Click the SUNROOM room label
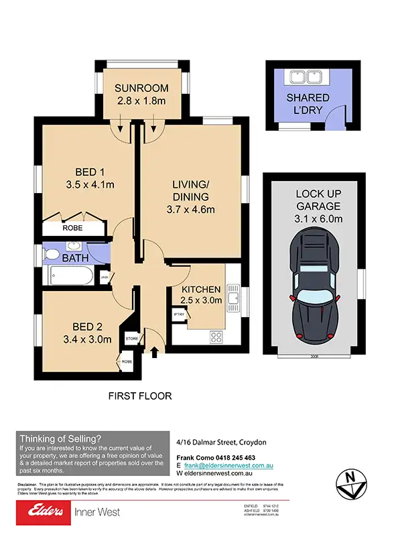coord(139,88)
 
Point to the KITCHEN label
coord(201,289)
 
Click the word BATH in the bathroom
coord(75,257)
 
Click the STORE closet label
coord(131,339)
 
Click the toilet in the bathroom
coord(51,255)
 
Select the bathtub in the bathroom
coord(68,276)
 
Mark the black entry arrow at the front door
coord(155,351)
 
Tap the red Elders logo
coord(42,512)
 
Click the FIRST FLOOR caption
coord(140,396)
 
